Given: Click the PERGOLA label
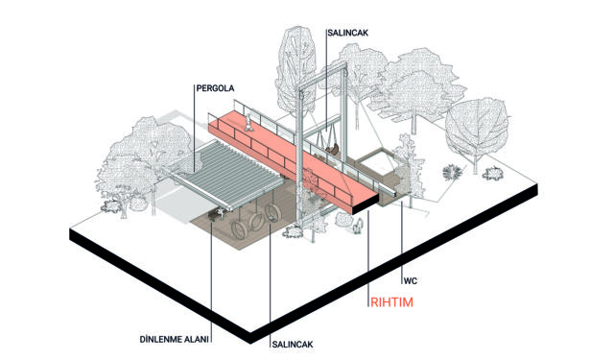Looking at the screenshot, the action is [215, 88].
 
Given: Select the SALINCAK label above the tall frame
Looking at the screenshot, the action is [348, 33].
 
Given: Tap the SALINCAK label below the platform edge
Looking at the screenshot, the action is [293, 345].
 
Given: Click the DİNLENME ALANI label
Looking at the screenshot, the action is [175, 339].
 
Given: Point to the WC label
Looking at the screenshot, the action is [411, 281].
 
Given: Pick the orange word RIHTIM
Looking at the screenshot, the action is [391, 302].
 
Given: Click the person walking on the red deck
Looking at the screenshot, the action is [248, 123].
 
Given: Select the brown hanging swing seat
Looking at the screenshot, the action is [332, 150].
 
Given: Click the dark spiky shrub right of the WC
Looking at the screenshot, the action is [452, 172].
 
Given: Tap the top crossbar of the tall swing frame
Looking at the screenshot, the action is [322, 77].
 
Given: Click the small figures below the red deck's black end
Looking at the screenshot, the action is [358, 226].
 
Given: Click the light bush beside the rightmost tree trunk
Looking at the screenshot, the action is [493, 174].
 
